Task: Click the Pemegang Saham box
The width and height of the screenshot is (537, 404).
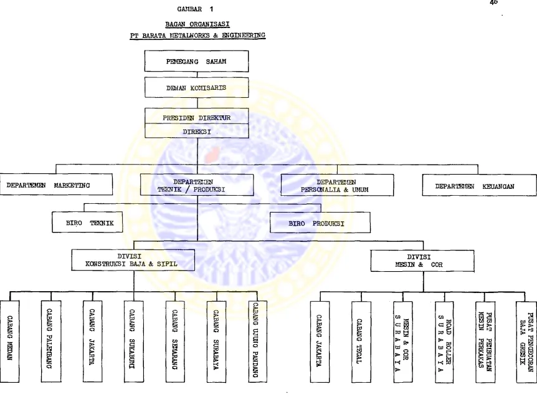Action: point(196,61)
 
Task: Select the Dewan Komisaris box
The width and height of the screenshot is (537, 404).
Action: point(196,88)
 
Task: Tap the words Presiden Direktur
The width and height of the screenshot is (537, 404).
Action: point(196,118)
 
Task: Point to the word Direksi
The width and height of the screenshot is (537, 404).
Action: point(197,132)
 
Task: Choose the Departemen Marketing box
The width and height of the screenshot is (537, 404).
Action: point(56,185)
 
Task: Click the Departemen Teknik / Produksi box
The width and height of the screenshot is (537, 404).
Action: point(197,185)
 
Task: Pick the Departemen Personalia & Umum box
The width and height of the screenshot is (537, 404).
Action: point(337,185)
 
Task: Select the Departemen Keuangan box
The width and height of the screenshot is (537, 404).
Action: point(479,185)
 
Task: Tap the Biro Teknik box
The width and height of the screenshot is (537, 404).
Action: point(87,222)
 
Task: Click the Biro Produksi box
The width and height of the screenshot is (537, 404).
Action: point(320,223)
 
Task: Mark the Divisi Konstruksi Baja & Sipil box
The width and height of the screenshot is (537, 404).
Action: point(133,260)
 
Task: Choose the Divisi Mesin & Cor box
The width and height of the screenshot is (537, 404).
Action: point(422,261)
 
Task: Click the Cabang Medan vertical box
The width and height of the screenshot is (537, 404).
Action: point(9,341)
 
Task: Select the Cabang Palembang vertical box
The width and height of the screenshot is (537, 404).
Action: point(51,341)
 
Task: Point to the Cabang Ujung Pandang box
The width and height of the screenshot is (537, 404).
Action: point(257,341)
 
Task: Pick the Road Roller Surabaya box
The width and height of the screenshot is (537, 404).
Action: point(444,342)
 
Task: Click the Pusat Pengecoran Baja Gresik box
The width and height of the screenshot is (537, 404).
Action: point(526,342)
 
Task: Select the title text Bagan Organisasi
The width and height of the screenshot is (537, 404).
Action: point(197,24)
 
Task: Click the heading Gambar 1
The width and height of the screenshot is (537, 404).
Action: point(195,9)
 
